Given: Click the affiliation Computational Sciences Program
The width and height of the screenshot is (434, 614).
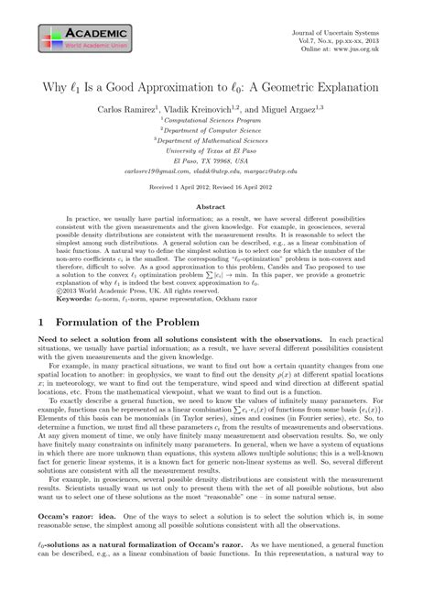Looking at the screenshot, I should [x=218, y=122].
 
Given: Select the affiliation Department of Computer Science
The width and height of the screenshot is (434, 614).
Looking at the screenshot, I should [x=218, y=133].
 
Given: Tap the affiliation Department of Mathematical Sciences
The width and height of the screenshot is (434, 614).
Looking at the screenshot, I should [x=218, y=144].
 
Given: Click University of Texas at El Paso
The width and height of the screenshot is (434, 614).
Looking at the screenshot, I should [x=217, y=155].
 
